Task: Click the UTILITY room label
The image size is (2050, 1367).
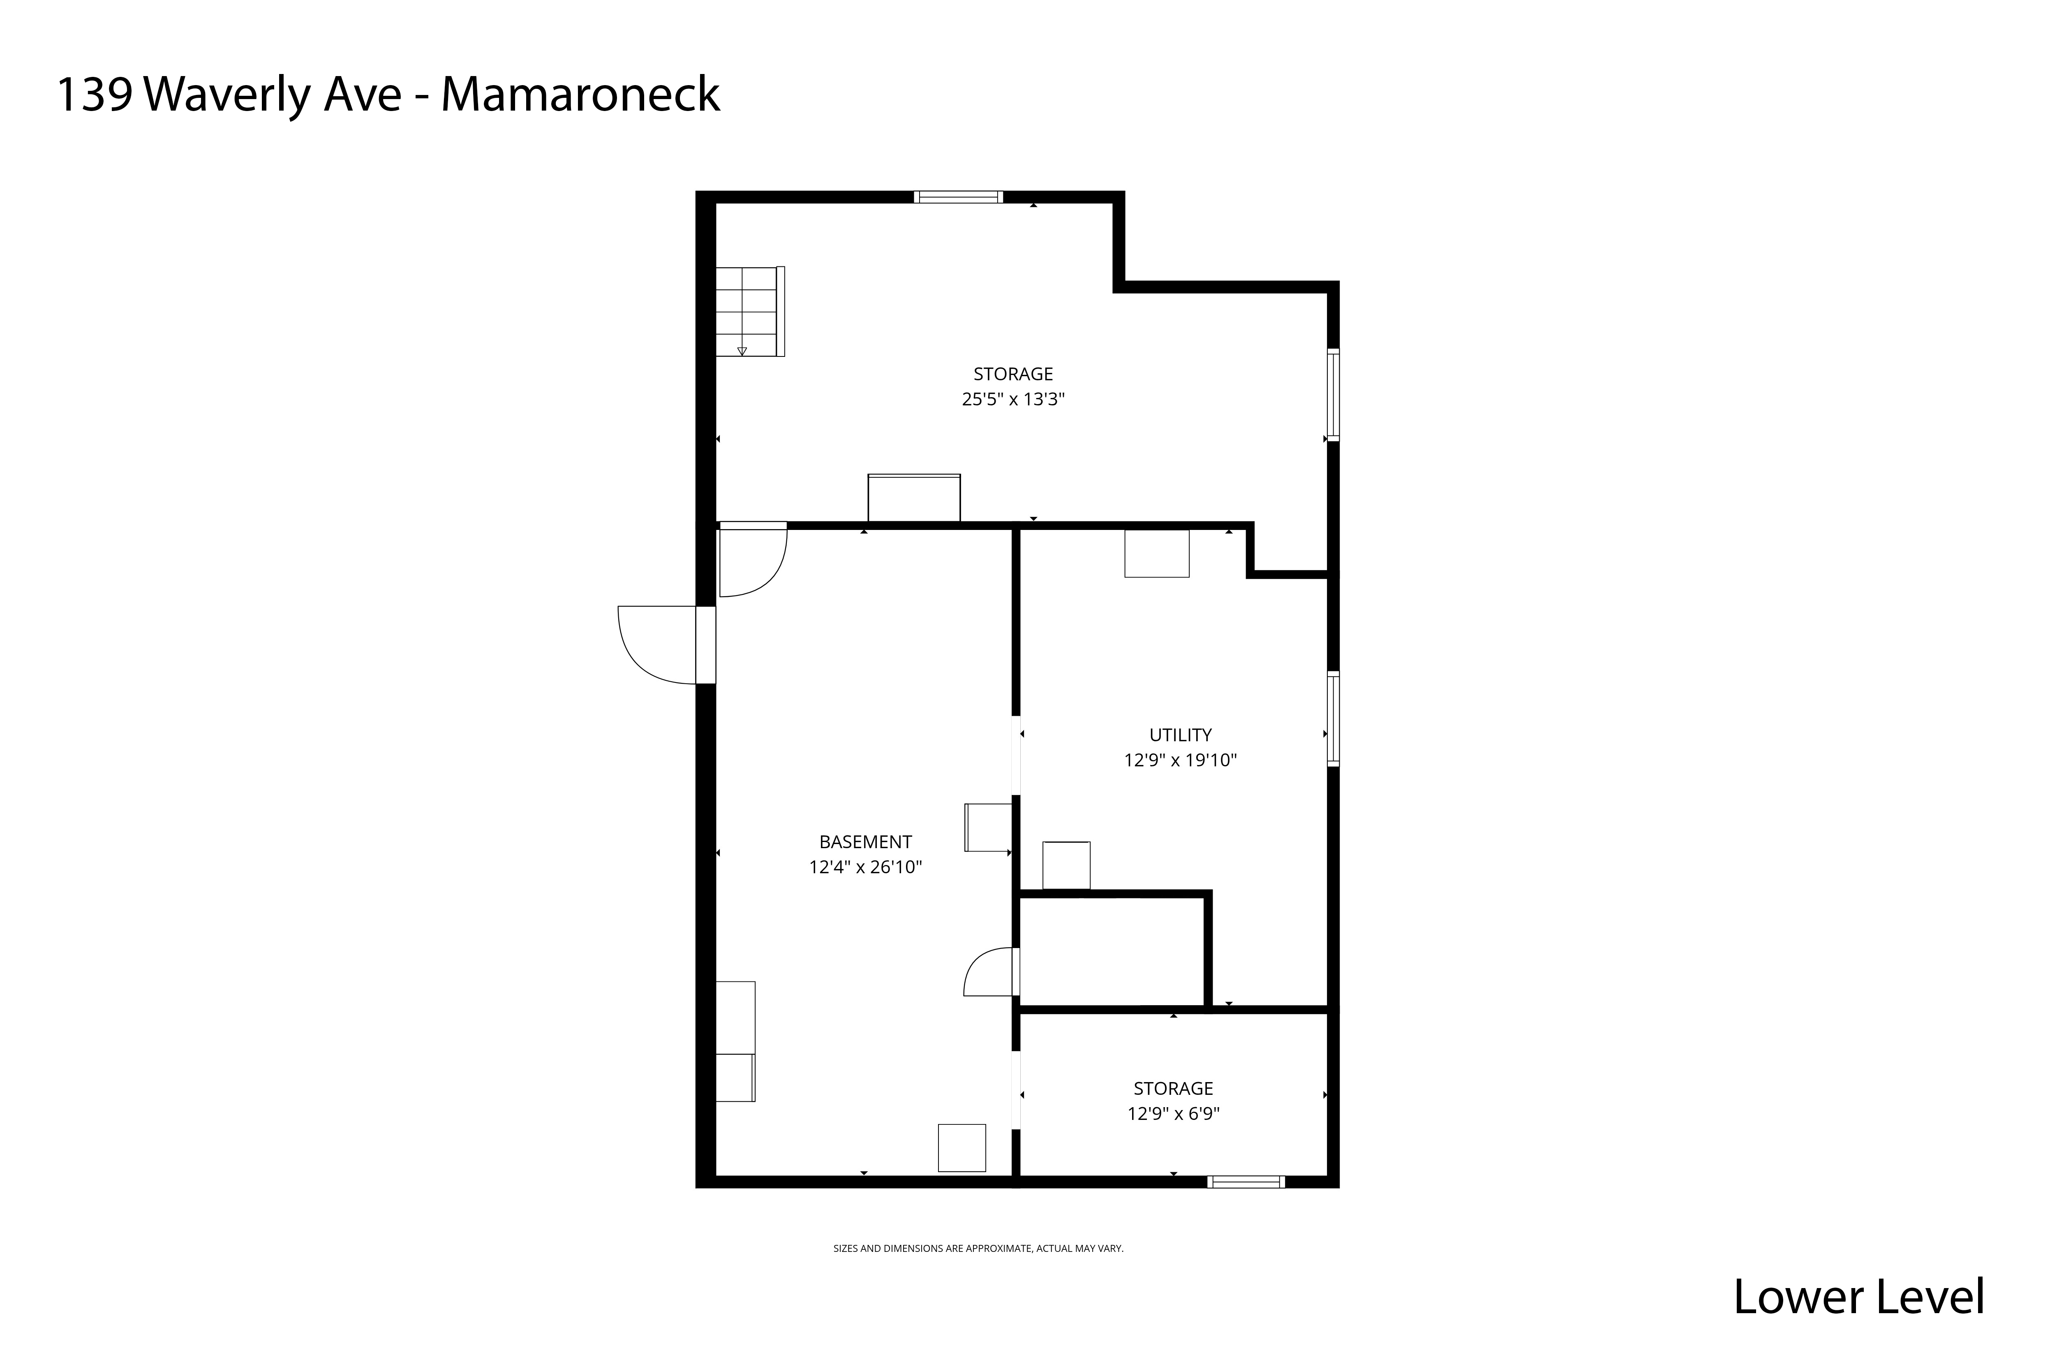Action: pyautogui.click(x=1180, y=735)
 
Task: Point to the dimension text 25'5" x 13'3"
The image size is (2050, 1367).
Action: pyautogui.click(x=1013, y=399)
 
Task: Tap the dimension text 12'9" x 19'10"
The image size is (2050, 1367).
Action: pyautogui.click(x=1180, y=760)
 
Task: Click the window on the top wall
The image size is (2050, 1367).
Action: pyautogui.click(x=958, y=197)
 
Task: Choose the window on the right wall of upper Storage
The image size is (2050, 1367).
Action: pyautogui.click(x=1333, y=394)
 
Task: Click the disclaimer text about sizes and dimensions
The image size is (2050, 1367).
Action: pyautogui.click(x=978, y=1249)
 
